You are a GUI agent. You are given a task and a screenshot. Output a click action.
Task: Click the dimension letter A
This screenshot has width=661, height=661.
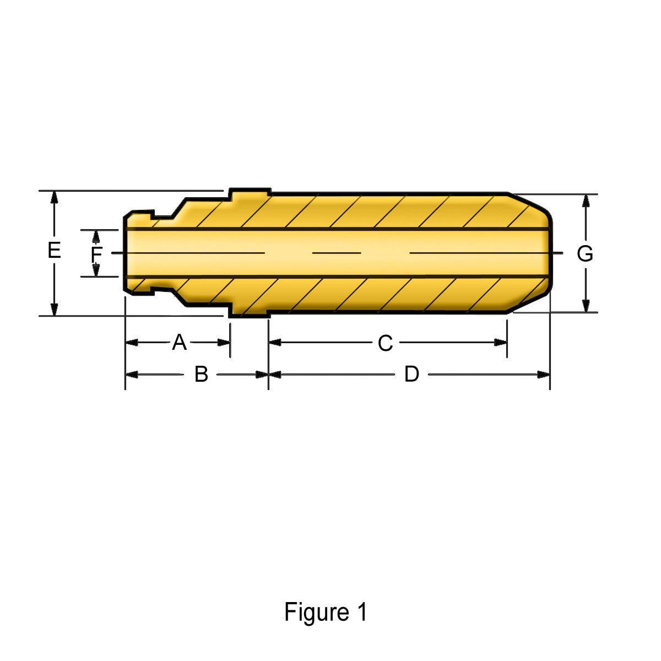click(x=179, y=342)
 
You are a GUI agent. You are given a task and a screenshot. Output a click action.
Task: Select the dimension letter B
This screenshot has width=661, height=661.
click(x=202, y=374)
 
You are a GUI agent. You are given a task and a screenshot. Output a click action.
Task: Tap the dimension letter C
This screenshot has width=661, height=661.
click(x=385, y=343)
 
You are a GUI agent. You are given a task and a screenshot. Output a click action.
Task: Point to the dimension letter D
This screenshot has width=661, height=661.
click(x=411, y=374)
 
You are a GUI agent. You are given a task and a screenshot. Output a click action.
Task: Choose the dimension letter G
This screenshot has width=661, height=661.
click(x=585, y=254)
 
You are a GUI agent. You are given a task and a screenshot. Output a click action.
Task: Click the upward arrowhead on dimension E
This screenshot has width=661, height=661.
click(x=54, y=198)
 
